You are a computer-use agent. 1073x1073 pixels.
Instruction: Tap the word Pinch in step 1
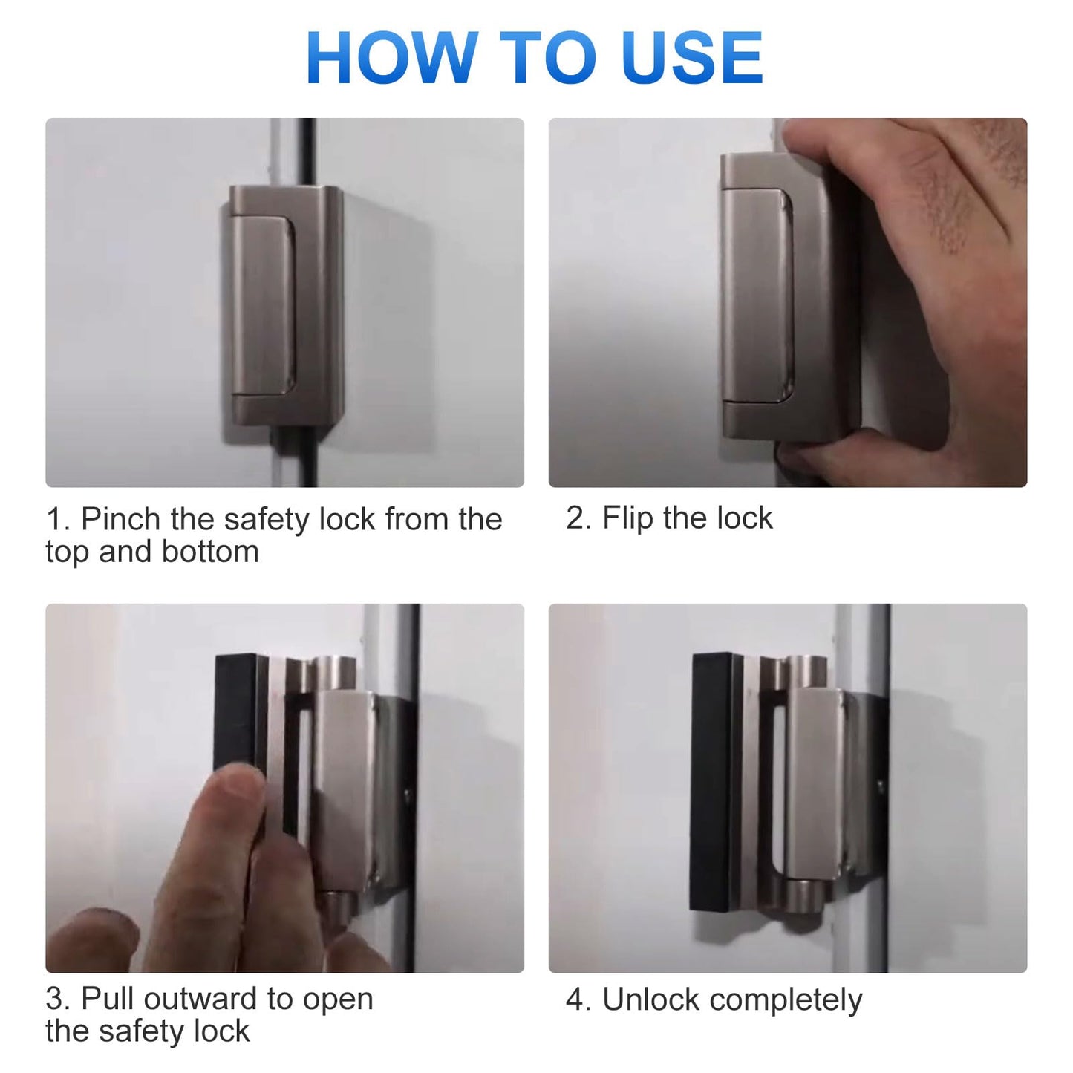click(122, 519)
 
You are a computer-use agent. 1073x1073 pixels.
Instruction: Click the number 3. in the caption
click(58, 999)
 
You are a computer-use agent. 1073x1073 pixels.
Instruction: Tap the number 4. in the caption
click(578, 1000)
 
